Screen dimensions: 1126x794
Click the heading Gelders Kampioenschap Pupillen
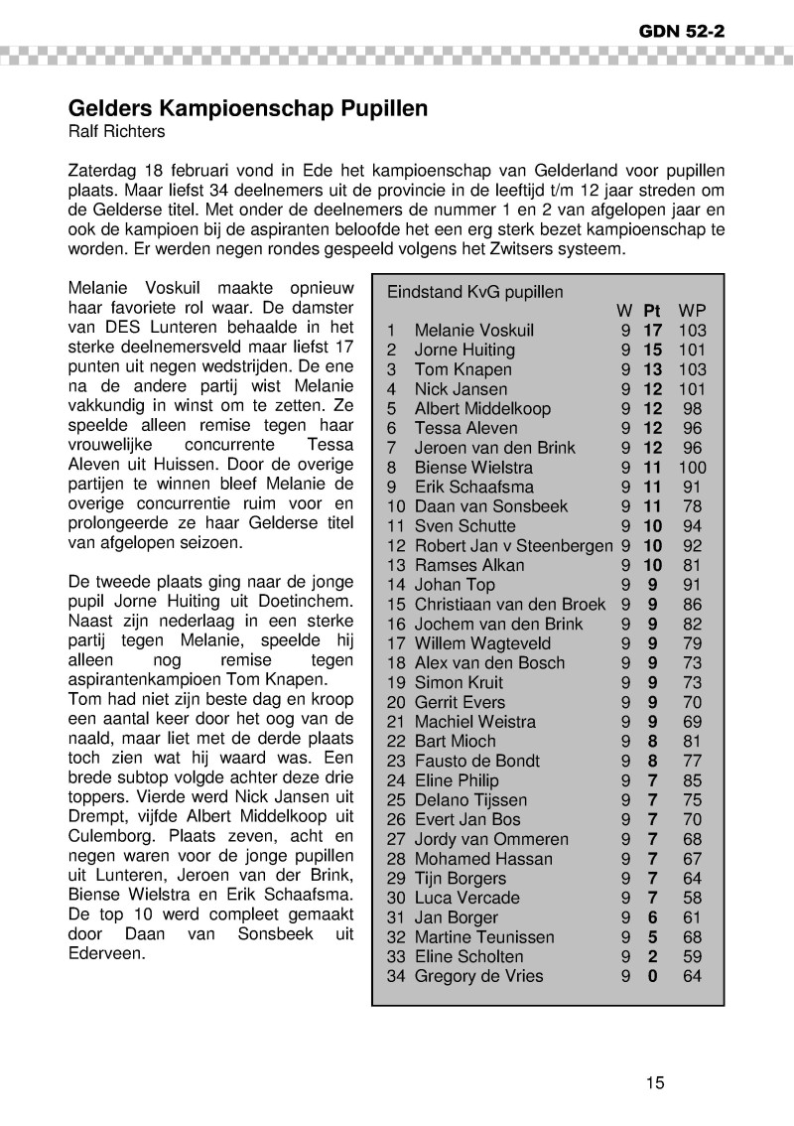tap(247, 108)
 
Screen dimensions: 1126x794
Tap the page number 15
tap(654, 1082)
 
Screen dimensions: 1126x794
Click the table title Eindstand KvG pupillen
tap(474, 292)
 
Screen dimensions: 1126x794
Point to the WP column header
tap(691, 311)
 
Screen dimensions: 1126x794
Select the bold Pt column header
tap(653, 311)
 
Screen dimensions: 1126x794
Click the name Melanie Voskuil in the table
tap(473, 331)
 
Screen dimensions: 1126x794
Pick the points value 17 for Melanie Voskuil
tap(653, 331)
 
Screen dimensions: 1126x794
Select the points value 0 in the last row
tap(653, 976)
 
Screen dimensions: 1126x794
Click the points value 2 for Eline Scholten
tap(653, 956)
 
